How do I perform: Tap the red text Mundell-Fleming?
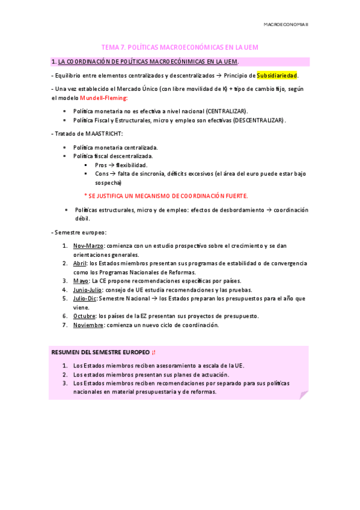coord(103,97)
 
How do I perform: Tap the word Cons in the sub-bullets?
coord(102,174)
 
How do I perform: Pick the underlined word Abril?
coord(80,263)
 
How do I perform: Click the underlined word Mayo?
coord(81,281)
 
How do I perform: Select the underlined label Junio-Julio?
coord(88,290)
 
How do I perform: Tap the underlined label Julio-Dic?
coord(85,298)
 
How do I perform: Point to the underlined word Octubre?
coord(84,316)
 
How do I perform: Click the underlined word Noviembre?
coord(88,325)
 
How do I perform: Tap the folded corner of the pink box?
coord(304,395)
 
